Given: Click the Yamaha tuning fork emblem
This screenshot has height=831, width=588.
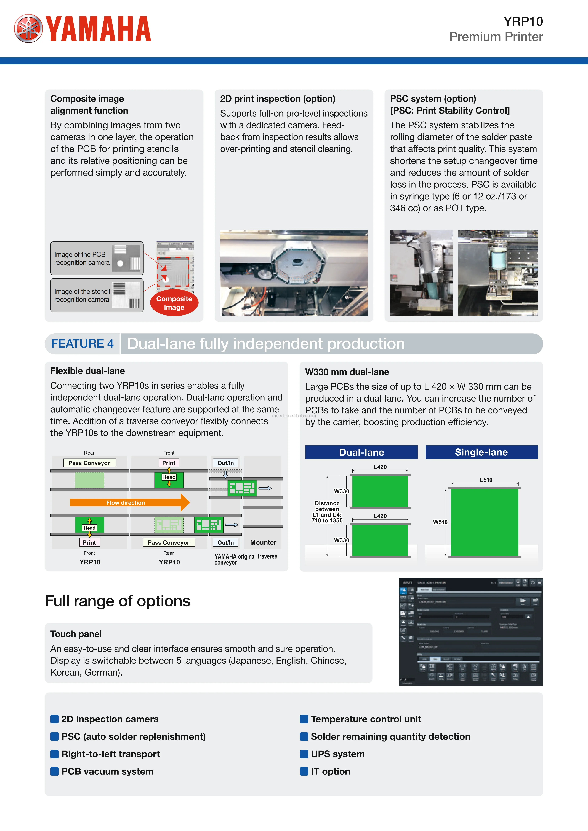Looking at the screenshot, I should point(28,29).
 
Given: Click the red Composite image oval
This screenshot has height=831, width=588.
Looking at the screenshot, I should point(174,303).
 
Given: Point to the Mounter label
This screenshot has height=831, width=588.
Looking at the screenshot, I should point(263,542).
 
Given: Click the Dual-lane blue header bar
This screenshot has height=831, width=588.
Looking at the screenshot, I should point(361,452).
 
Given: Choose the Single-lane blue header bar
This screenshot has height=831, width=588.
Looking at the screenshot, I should point(481,452).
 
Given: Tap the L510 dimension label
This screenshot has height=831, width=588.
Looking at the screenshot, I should point(486,480).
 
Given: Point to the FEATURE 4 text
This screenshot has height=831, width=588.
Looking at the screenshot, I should point(82,343).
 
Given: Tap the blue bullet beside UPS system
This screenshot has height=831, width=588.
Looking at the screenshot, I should point(304,754).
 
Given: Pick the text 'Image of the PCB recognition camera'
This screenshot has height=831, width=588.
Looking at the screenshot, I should point(82,258).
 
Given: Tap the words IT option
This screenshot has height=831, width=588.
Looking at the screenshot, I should point(330,771).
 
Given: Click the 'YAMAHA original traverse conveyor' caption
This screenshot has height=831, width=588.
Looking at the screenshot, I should point(246,559).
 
